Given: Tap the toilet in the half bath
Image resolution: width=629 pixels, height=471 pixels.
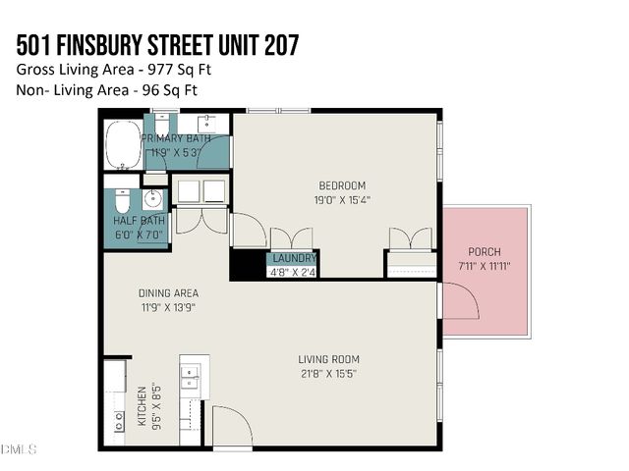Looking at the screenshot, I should point(119,203).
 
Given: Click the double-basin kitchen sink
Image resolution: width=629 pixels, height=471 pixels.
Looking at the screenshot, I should point(189,378).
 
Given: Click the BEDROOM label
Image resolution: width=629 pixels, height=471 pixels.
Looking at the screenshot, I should point(342,185).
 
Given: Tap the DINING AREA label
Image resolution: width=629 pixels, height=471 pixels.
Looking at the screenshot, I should point(168,292).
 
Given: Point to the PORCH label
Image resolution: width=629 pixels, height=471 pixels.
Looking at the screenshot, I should point(485,252).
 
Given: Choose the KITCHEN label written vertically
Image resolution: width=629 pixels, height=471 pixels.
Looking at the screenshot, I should point(142,406).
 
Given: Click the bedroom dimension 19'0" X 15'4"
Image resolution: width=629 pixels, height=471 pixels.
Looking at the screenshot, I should point(342,199).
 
